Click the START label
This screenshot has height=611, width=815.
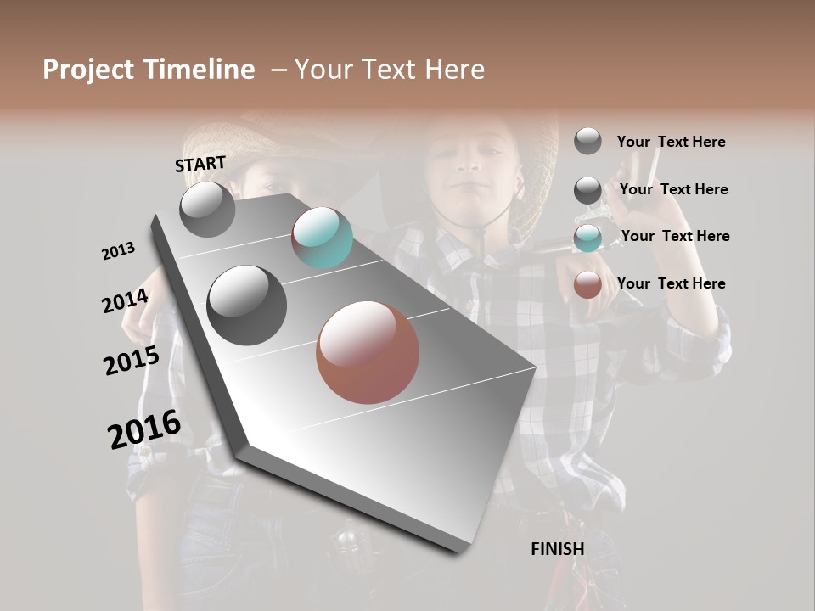point(200,164)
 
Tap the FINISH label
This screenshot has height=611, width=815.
point(557,549)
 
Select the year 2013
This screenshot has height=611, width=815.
point(119,251)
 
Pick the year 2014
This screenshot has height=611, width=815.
point(126,301)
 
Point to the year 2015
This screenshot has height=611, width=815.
point(132,361)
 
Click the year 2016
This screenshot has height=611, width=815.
point(144,429)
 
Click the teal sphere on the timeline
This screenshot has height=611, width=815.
point(323,238)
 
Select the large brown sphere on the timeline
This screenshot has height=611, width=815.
point(368,352)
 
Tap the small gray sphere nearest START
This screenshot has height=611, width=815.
point(208,209)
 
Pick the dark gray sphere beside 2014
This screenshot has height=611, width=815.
point(247,305)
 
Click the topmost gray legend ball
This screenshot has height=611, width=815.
point(587,141)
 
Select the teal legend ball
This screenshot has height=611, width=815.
point(587,238)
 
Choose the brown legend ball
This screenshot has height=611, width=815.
point(587,284)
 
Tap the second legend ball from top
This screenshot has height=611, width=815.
point(587,190)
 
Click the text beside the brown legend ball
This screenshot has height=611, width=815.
point(672,283)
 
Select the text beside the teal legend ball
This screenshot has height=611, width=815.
point(675,236)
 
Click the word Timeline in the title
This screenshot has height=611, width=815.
point(199,70)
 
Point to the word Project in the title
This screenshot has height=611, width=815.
point(89,70)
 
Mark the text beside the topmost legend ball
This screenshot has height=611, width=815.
point(672,142)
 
